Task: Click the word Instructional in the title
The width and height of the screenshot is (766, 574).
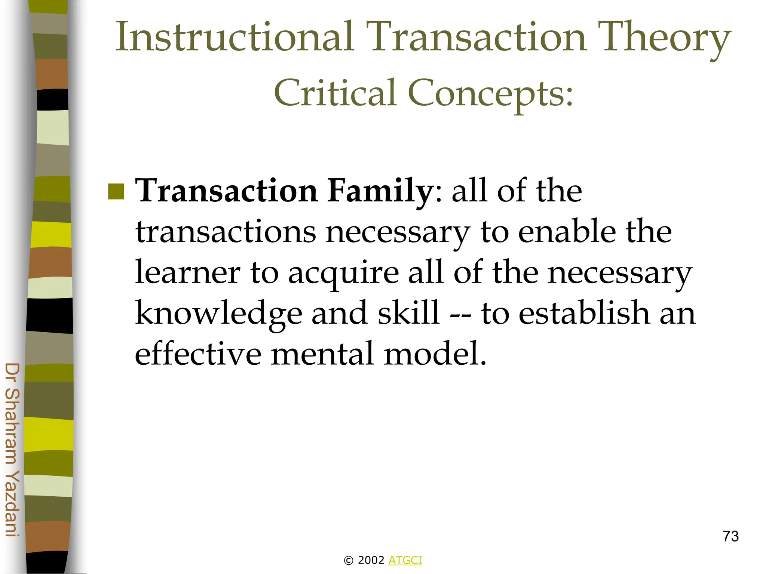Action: click(x=235, y=37)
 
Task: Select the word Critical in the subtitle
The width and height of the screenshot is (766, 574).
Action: click(x=335, y=92)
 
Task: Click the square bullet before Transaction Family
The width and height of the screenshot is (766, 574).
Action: click(x=116, y=192)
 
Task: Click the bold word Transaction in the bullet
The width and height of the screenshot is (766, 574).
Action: click(x=227, y=191)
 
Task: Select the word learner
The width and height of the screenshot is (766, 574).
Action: click(x=187, y=272)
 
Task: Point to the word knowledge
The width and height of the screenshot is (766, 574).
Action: click(x=218, y=314)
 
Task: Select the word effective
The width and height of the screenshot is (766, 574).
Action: click(x=198, y=353)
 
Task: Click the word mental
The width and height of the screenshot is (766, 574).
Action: click(x=322, y=353)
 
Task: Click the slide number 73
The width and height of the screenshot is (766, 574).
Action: click(x=730, y=536)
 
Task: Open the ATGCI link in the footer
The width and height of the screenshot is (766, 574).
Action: click(x=405, y=560)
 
